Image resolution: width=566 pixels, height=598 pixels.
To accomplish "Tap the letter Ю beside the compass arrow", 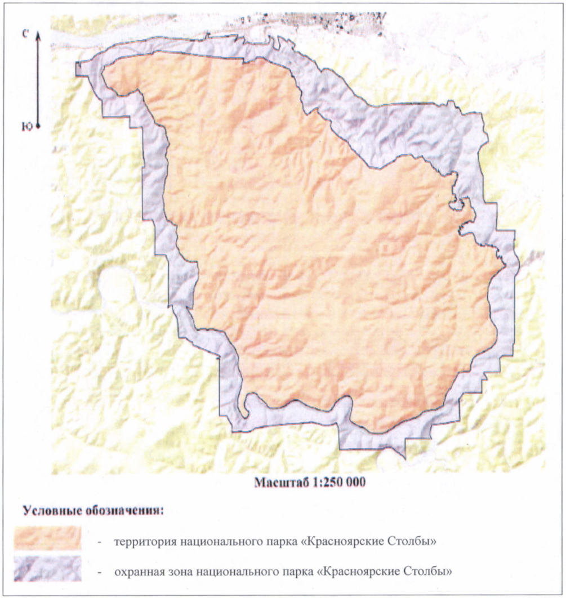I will click(x=26, y=127).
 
